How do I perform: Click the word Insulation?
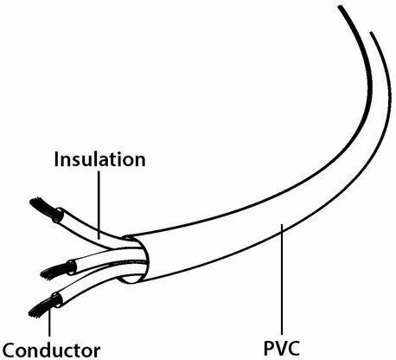coord(99,159)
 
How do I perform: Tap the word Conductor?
coord(51,350)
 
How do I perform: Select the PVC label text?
coord(282,349)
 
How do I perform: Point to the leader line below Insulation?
coord(99,205)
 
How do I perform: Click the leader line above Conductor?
coord(50,319)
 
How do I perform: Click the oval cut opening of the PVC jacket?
coord(135,259)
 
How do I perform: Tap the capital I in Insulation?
coord(56,159)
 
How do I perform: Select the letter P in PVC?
coord(269,349)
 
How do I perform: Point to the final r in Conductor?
coord(97,352)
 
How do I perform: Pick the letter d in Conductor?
coord(48,350)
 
